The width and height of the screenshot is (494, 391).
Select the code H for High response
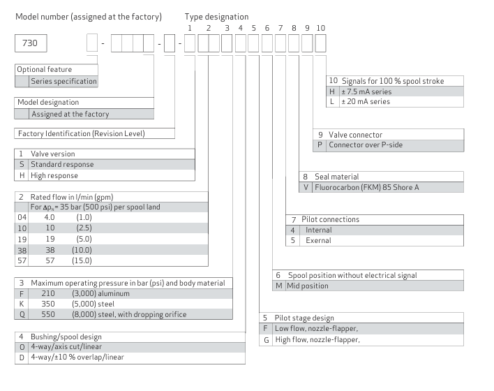22,175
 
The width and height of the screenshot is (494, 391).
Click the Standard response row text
62,165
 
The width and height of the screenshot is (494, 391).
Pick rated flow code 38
22,249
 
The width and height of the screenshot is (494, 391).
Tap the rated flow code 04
22,218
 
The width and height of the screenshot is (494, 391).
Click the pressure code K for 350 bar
22,304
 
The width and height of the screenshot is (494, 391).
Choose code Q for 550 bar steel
22,314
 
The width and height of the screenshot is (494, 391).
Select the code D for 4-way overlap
22,357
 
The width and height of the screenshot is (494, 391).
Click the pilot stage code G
265,340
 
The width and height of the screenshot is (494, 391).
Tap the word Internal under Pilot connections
319,230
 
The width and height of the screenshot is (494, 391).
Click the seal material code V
306,187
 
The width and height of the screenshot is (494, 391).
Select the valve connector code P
320,145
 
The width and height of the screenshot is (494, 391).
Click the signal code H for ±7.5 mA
332,91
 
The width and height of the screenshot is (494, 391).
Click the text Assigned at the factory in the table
70,114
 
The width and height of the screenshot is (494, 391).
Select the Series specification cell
63,81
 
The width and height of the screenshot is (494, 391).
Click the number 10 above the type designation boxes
320,27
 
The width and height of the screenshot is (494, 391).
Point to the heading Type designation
216,16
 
